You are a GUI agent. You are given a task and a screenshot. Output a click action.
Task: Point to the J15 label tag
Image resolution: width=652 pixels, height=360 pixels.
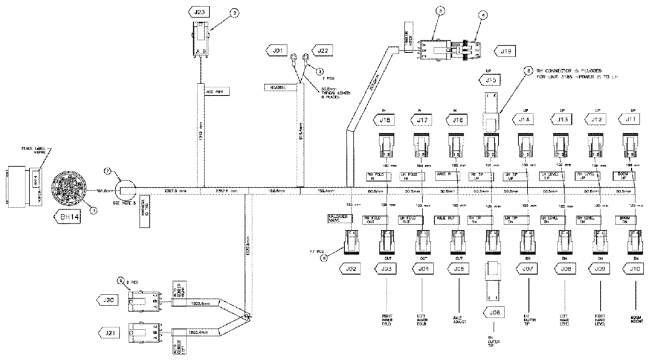pos(491,80)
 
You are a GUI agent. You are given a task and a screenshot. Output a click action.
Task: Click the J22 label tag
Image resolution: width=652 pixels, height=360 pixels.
pos(323,50)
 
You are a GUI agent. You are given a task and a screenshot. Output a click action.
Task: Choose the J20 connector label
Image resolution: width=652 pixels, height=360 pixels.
pos(109,299)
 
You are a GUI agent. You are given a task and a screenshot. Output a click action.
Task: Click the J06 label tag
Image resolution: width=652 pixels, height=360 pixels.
pos(493,314)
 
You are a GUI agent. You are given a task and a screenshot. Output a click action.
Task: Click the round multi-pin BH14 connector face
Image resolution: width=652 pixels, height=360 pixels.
pos(67,187)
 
